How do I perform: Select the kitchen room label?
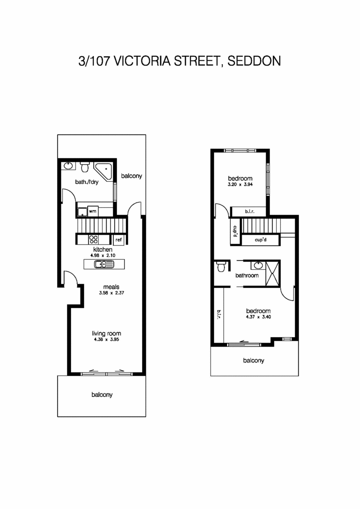click(x=102, y=250)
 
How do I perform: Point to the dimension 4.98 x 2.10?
click(x=102, y=255)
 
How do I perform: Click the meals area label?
click(x=111, y=287)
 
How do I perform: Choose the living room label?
click(x=107, y=334)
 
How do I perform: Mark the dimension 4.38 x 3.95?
click(x=107, y=340)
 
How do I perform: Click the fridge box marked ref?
click(x=119, y=240)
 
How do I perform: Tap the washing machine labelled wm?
click(x=93, y=210)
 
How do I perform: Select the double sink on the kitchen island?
click(x=104, y=264)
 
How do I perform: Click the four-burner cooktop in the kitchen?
click(x=94, y=239)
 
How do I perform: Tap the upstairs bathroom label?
click(x=247, y=276)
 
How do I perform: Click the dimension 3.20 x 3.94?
click(x=240, y=184)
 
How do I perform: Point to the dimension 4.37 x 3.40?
click(x=258, y=317)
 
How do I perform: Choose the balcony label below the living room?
click(x=102, y=395)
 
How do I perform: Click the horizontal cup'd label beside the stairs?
click(x=261, y=240)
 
